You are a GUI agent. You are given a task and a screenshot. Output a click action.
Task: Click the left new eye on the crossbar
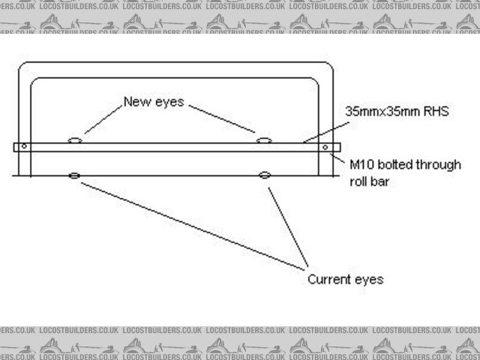click(x=74, y=139)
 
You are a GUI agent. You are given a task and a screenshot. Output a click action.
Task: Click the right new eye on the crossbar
click(x=263, y=139)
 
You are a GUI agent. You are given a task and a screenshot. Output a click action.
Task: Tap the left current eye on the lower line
click(x=74, y=175)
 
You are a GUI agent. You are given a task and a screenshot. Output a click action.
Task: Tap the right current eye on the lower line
click(x=264, y=175)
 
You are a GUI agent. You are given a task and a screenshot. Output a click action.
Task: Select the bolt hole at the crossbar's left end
click(x=24, y=146)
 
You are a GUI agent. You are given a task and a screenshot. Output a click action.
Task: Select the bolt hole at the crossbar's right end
click(x=325, y=146)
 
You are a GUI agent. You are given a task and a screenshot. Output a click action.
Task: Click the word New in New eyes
click(x=136, y=101)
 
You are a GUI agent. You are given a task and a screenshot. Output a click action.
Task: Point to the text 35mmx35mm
click(x=375, y=112)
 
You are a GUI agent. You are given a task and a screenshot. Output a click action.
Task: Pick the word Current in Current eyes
click(x=330, y=279)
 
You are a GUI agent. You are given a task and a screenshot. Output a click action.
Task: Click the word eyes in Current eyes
click(x=370, y=280)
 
